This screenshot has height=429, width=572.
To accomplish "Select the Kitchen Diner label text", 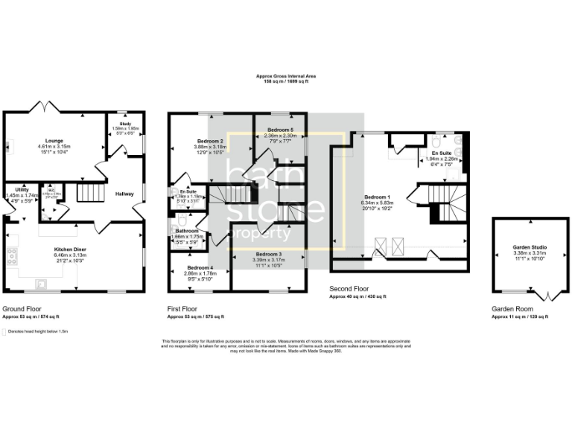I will pos(71,250).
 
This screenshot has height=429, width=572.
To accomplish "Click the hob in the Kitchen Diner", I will pos(12,257).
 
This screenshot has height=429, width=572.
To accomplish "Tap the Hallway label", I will pos(124,194).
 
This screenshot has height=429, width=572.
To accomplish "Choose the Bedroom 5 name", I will pos(279,130).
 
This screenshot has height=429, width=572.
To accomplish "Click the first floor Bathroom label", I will pos(187,231).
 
